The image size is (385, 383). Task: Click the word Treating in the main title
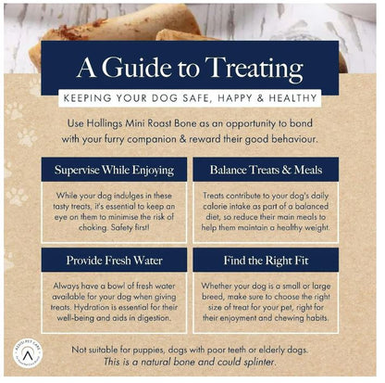click(254, 69)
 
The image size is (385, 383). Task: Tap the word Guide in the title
click(136, 67)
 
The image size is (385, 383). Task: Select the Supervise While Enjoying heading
click(114, 171)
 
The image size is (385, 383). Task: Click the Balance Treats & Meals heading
click(266, 170)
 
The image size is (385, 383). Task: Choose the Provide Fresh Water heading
click(114, 261)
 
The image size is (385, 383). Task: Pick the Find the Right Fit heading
click(266, 261)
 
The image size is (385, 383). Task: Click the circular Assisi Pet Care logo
click(28, 353)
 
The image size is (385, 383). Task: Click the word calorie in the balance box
click(215, 207)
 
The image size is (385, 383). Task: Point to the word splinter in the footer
click(259, 363)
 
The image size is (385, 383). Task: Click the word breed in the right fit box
click(213, 297)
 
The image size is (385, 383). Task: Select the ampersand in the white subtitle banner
click(260, 98)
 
